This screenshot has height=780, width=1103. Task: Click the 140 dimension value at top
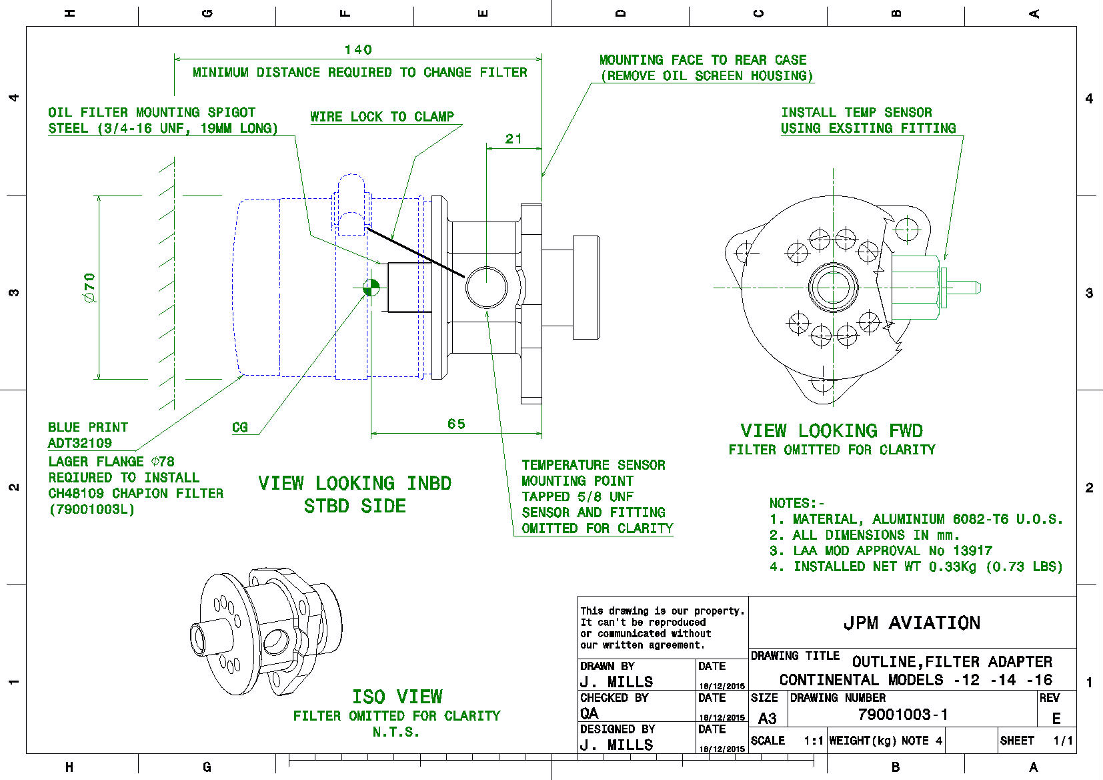click(358, 50)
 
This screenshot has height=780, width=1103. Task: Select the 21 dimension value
click(513, 139)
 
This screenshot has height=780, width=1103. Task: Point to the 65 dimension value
click(457, 424)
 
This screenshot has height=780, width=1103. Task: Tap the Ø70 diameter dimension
click(90, 288)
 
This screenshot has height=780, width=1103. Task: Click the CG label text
click(240, 428)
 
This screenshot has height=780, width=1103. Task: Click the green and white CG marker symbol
click(371, 288)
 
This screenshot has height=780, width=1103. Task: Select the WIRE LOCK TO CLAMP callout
click(382, 117)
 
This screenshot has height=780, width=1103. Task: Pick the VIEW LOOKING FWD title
click(832, 431)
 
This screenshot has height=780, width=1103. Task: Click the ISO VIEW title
click(397, 697)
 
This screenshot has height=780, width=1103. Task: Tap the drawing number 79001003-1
click(903, 715)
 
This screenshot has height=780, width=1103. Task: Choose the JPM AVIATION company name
click(912, 623)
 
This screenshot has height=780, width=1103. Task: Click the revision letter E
click(1056, 719)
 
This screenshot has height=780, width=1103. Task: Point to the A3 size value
click(768, 719)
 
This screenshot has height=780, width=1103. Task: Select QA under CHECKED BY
click(590, 713)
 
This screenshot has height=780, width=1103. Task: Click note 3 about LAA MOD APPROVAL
click(880, 551)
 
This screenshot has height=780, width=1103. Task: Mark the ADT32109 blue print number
click(80, 443)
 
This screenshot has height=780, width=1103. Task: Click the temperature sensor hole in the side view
click(487, 287)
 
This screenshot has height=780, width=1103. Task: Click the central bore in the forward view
click(833, 288)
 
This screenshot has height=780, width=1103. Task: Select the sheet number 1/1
click(1063, 741)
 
